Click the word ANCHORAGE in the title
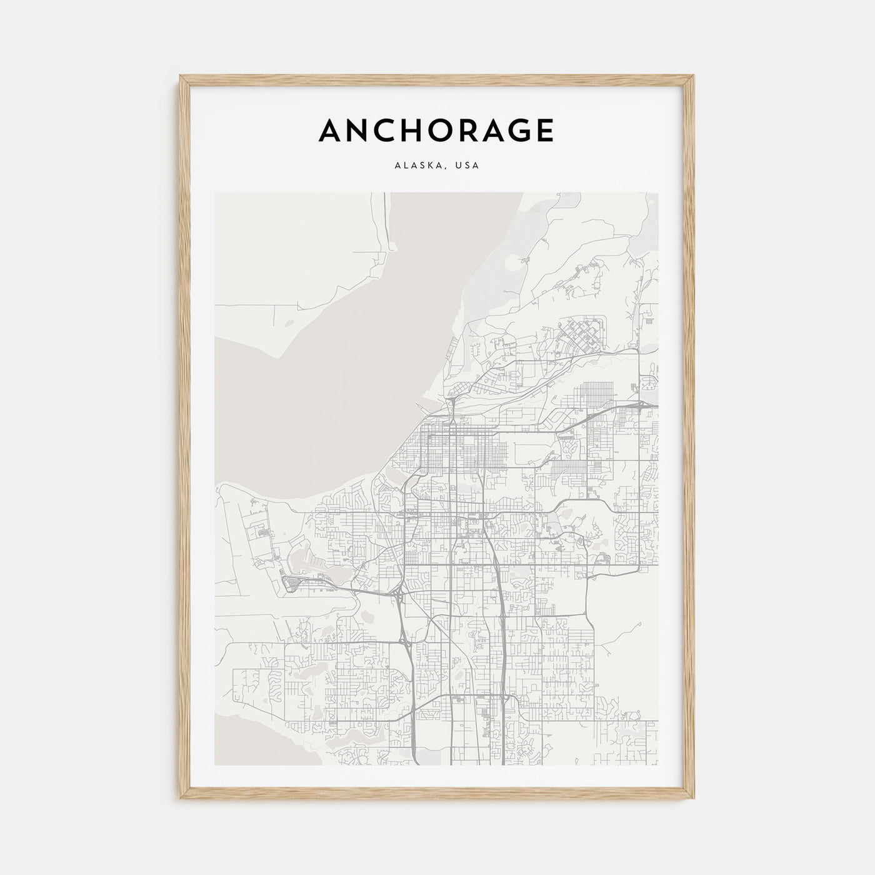coord(436,131)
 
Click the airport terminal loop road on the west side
coord(291,584)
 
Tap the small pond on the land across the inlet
coord(288,324)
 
